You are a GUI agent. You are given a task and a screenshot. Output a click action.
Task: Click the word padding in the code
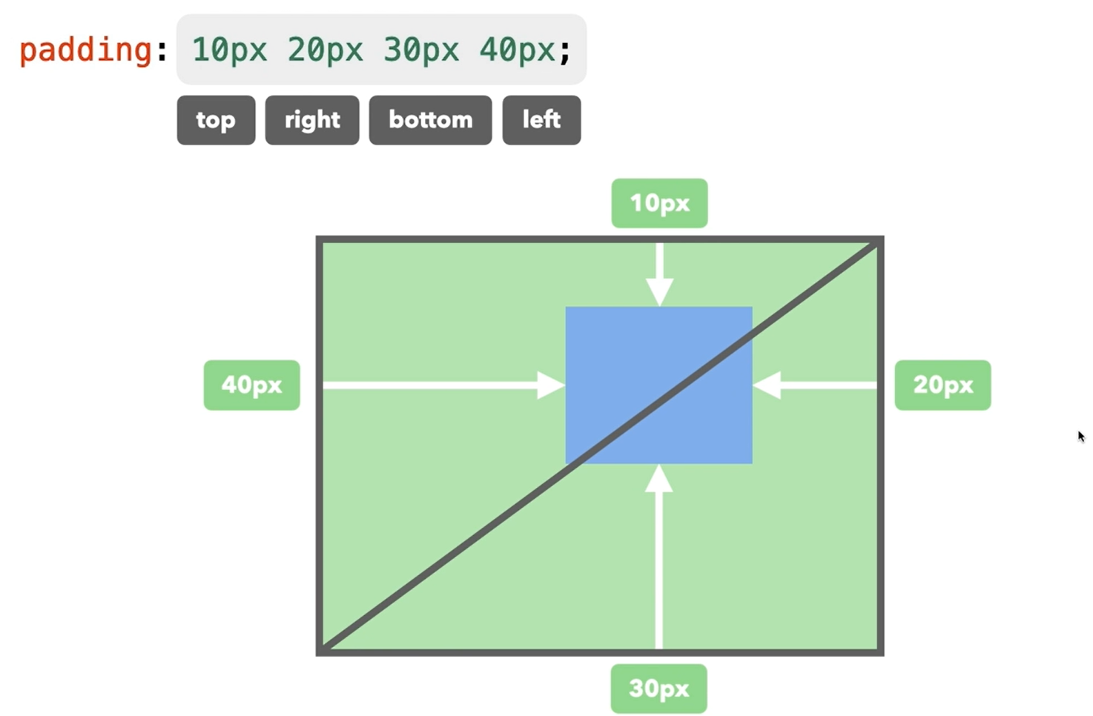85,50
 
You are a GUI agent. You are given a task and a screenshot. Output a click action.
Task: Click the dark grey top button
216,120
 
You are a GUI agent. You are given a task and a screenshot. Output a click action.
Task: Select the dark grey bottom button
430,120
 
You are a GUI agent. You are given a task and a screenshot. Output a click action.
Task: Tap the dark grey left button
541,120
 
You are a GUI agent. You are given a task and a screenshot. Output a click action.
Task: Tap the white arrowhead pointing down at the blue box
659,291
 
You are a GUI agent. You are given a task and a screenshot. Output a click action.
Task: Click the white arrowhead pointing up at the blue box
658,480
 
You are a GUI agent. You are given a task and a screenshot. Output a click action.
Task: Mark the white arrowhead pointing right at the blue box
550,385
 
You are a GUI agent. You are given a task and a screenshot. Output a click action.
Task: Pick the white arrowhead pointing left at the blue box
767,385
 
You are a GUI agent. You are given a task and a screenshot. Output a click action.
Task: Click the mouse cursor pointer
1081,437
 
